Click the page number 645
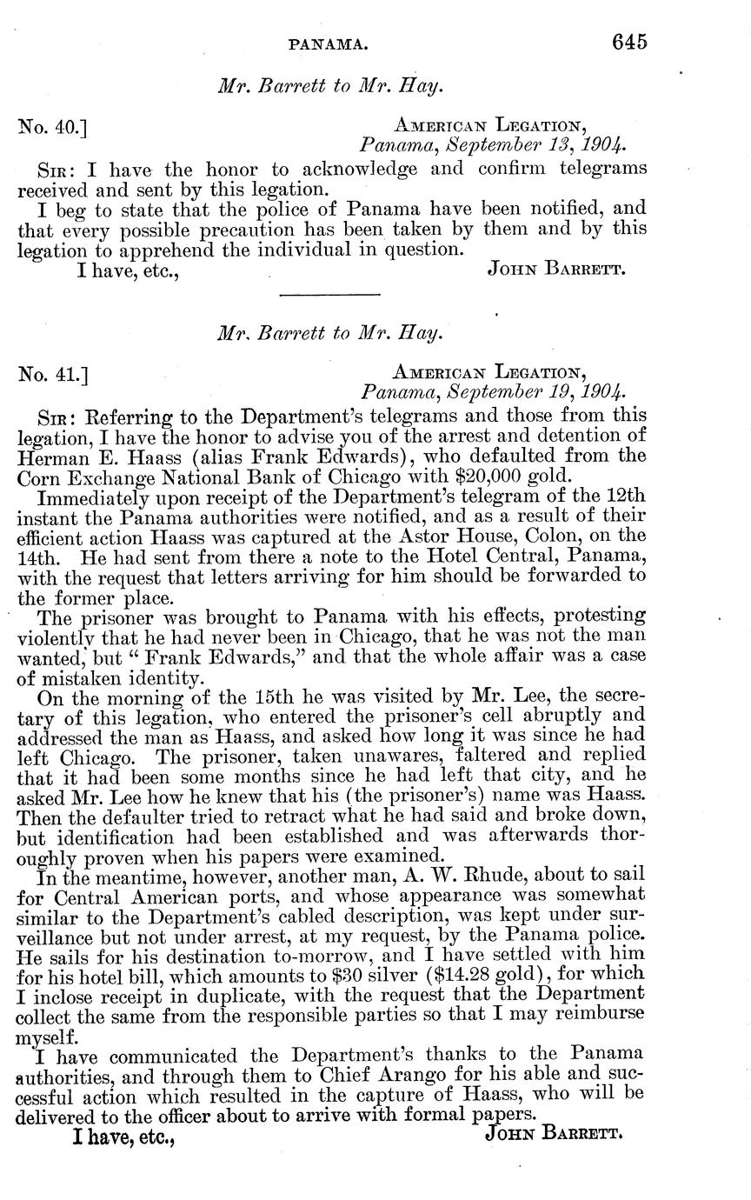629,43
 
